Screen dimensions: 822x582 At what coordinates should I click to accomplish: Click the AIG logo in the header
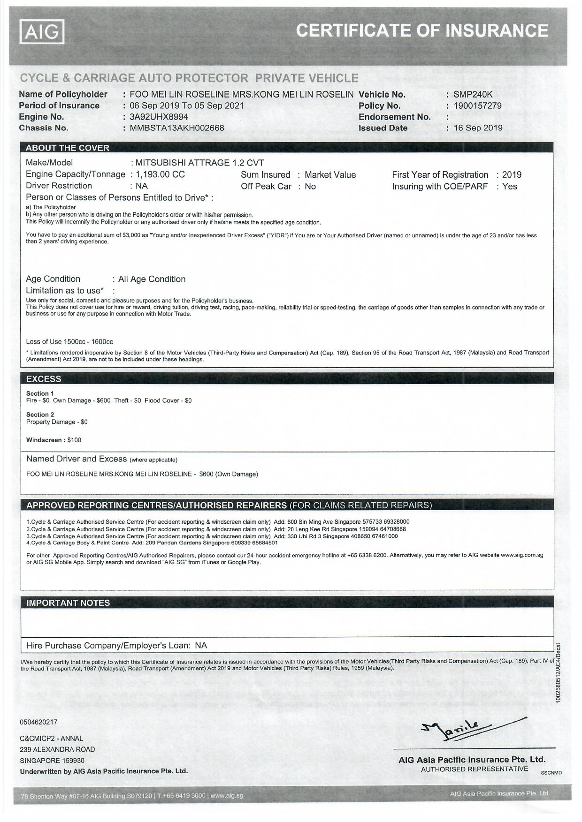(x=42, y=31)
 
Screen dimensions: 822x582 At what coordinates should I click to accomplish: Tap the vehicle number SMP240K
(x=473, y=94)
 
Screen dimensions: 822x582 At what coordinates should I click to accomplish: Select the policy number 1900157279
(x=477, y=106)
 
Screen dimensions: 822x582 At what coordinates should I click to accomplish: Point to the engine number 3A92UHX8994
(x=159, y=117)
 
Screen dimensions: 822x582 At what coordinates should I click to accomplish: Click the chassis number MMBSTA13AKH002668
(x=176, y=128)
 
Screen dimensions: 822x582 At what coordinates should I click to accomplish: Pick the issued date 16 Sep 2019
(x=478, y=128)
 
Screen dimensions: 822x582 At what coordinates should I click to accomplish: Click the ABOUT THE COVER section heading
(x=68, y=148)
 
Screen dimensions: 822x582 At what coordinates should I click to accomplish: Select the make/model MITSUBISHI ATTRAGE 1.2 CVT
(x=199, y=163)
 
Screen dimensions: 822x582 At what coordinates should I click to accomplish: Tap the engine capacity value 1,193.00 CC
(x=160, y=174)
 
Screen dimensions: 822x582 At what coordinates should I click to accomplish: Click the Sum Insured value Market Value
(x=330, y=175)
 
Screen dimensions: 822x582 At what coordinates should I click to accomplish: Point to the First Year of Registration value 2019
(x=512, y=175)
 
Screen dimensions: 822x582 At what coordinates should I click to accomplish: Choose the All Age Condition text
(x=152, y=279)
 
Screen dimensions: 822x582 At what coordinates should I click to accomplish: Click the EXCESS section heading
(x=44, y=379)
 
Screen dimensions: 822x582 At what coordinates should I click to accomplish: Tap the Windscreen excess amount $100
(x=74, y=440)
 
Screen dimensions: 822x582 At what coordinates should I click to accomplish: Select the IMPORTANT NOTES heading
(x=68, y=603)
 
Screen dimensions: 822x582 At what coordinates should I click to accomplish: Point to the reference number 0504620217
(x=38, y=722)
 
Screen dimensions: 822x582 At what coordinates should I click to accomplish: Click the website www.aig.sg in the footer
(x=227, y=795)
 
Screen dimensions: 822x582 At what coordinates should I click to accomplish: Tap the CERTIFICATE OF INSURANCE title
(x=422, y=31)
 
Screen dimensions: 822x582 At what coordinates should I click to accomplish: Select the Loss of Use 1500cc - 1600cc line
(x=69, y=342)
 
